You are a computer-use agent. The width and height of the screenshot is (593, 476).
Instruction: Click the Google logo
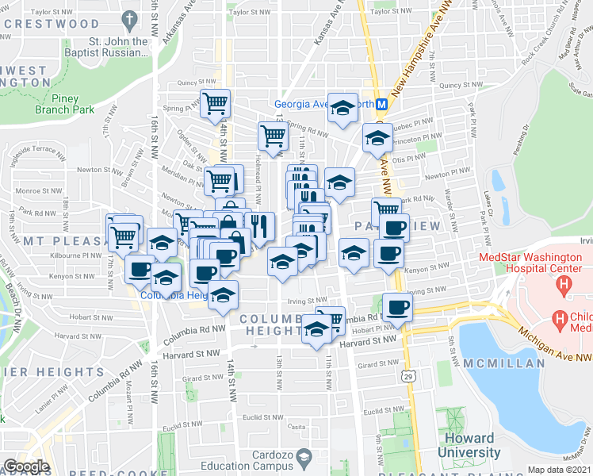pyautogui.click(x=26, y=466)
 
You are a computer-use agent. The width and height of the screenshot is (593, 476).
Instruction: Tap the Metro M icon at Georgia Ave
pyautogui.click(x=381, y=103)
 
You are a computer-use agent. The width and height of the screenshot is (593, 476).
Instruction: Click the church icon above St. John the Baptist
pyautogui.click(x=129, y=17)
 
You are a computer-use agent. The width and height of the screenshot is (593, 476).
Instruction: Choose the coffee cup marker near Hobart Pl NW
pyautogui.click(x=396, y=307)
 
